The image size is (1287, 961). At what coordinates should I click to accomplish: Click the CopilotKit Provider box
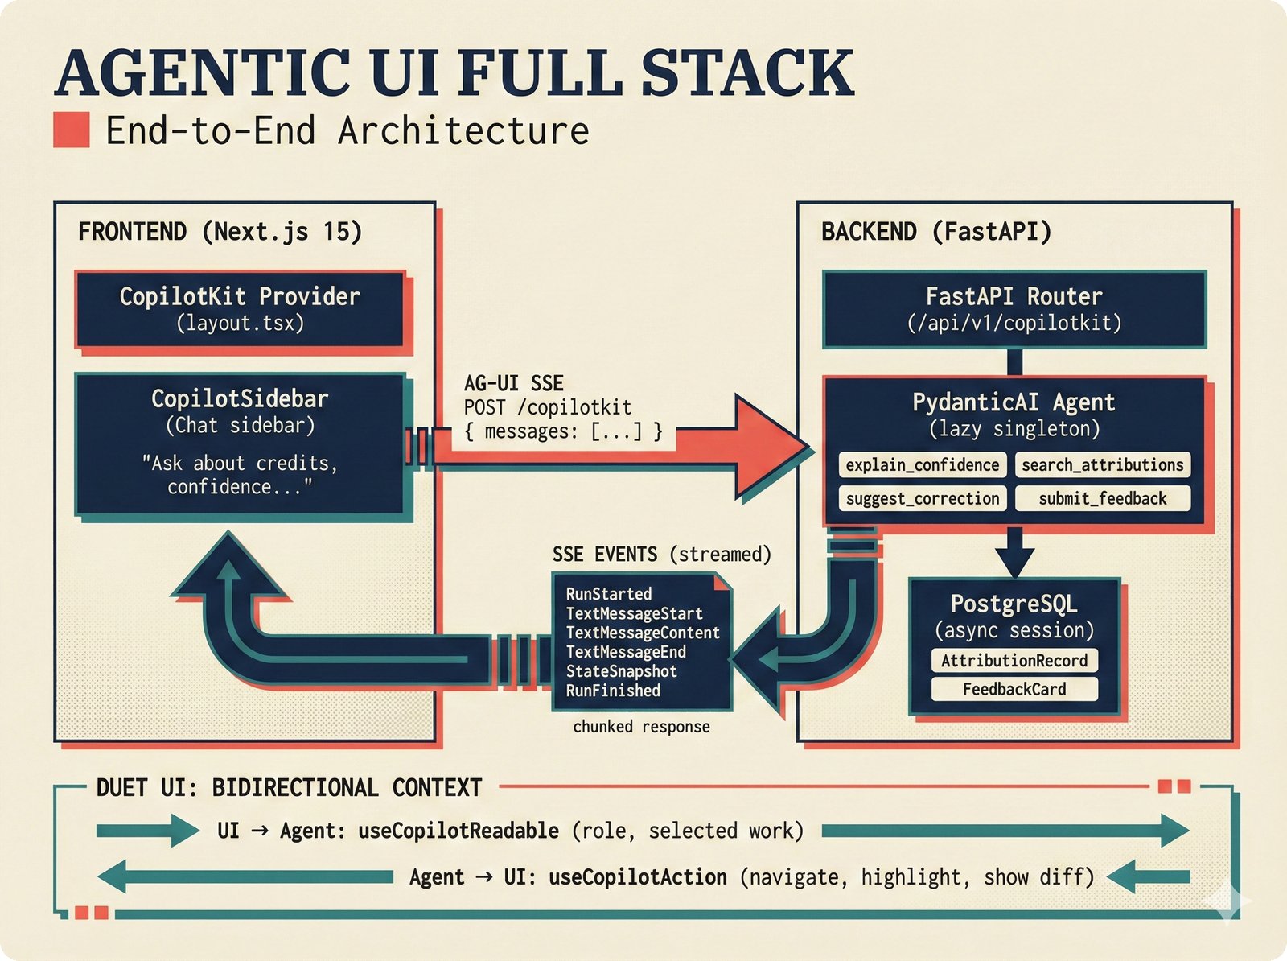click(239, 309)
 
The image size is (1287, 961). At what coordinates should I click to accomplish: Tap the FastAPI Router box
click(1014, 309)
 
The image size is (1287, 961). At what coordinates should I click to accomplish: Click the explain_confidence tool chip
click(922, 465)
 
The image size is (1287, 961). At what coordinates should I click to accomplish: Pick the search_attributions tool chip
click(1102, 465)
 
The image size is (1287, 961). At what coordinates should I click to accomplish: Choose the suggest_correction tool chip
click(922, 499)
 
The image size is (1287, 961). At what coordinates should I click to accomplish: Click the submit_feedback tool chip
click(1102, 499)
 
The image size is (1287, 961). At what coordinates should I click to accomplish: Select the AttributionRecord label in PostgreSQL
click(1014, 661)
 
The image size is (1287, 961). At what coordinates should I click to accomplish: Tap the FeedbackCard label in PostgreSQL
click(1014, 690)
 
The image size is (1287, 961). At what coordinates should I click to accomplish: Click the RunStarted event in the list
click(608, 594)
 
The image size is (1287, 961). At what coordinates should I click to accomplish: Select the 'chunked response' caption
click(641, 727)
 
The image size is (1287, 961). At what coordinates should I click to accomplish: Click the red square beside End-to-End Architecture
click(71, 130)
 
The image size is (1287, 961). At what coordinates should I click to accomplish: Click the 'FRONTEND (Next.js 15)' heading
click(220, 232)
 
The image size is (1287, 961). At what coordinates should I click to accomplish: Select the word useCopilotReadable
click(458, 831)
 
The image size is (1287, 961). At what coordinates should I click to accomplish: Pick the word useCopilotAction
click(637, 876)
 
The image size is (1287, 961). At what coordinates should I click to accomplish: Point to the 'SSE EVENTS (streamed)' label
click(661, 555)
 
